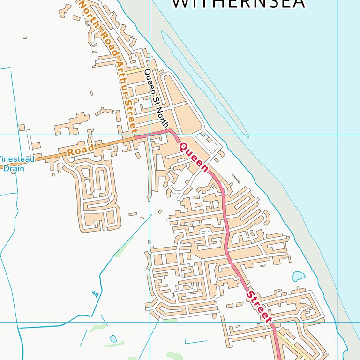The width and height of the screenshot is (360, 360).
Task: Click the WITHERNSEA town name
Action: coord(238,4)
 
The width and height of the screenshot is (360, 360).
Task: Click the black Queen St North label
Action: coord(156,98)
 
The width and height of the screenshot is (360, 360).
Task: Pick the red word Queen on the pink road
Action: coord(194,157)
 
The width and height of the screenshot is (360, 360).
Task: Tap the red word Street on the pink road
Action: coord(259,307)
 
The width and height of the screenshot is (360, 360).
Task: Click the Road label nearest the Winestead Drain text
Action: coord(80,150)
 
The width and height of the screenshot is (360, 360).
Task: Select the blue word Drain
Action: coord(14,168)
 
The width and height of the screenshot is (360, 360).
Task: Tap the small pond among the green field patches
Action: coord(113,338)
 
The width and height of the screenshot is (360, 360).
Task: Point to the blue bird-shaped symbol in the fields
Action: coord(96,294)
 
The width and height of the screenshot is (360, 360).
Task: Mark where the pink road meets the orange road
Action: coord(136,138)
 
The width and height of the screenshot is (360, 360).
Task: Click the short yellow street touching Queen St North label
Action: coord(136,71)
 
